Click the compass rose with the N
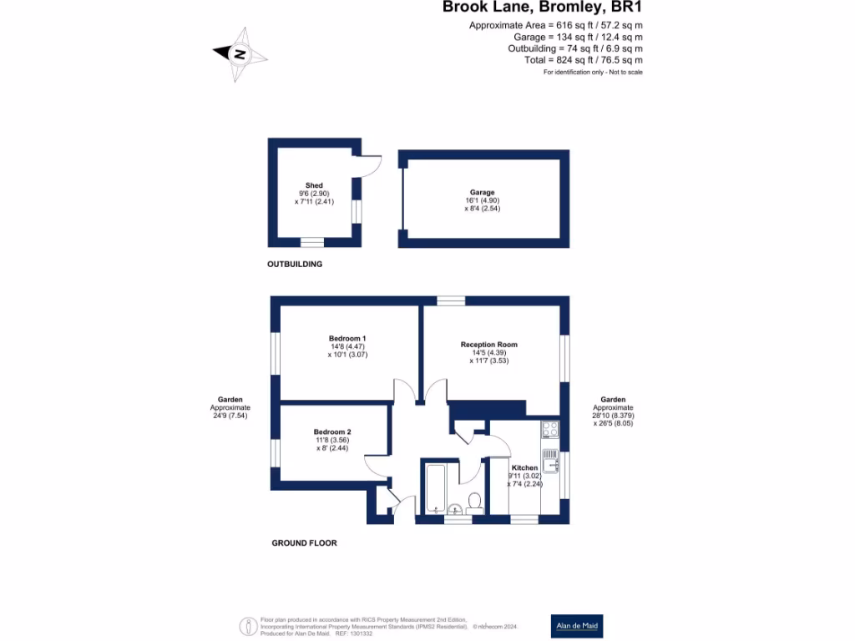pos(240,54)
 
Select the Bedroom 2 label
pos(331,432)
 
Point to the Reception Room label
pos(488,345)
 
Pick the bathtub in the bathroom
pos(433,488)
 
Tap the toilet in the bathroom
pos(474,501)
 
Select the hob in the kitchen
pos(550,430)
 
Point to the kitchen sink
pos(550,462)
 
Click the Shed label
pos(313,185)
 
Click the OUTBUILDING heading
pos(294,264)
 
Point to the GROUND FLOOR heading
pos(304,543)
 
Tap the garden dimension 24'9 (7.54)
pos(230,415)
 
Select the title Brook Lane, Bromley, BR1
pos(542,8)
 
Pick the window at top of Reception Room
pos(451,300)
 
